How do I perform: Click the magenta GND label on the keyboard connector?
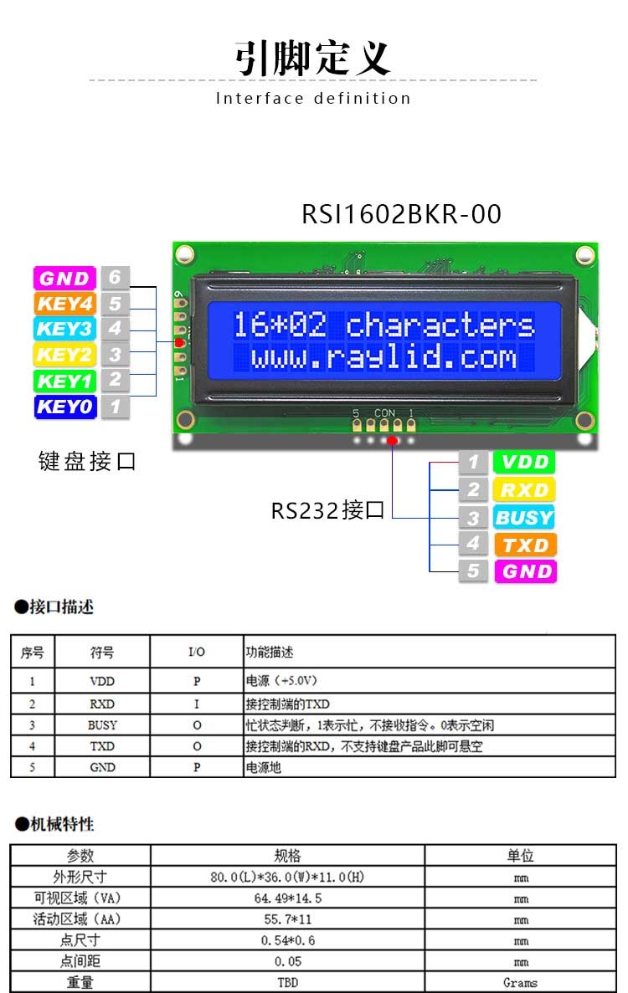point(64,278)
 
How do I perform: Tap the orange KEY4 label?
point(64,304)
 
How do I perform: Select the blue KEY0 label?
point(64,407)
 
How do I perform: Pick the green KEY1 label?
point(64,381)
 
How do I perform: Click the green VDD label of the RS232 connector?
point(525,462)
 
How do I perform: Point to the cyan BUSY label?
point(525,517)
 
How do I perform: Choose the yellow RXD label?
point(525,489)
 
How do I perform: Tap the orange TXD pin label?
point(525,545)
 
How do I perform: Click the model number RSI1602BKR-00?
point(401,214)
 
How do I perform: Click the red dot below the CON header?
point(393,440)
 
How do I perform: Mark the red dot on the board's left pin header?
point(179,343)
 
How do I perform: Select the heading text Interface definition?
point(313,98)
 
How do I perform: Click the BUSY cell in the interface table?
point(102,725)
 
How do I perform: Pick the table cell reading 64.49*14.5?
point(288,898)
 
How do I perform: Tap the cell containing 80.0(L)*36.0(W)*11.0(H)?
point(288,877)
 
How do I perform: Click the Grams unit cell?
point(520,982)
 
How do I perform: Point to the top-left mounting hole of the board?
point(185,254)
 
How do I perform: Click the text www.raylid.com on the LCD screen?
point(384,358)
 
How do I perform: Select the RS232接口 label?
point(327,509)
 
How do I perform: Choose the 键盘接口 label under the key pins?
point(87,461)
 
